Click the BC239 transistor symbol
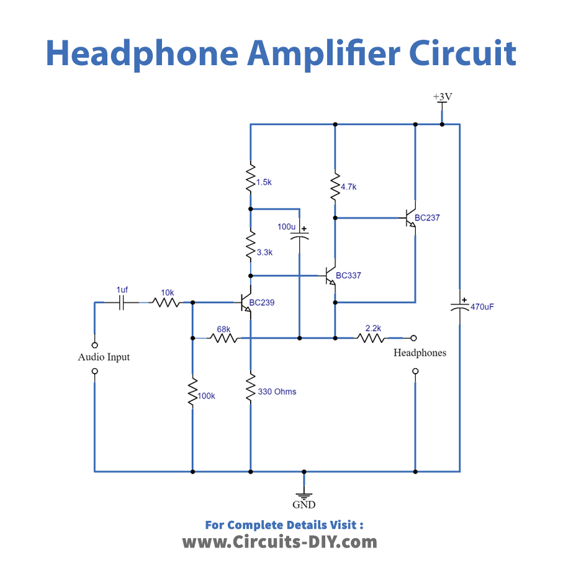(246, 302)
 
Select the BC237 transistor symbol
(410, 218)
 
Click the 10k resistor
(166, 302)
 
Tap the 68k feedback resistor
(223, 338)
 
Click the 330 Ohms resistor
(251, 387)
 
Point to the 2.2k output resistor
(371, 338)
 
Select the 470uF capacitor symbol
(460, 305)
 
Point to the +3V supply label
(441, 97)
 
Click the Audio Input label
(104, 357)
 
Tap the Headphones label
(420, 353)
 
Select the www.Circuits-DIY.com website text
(279, 542)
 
